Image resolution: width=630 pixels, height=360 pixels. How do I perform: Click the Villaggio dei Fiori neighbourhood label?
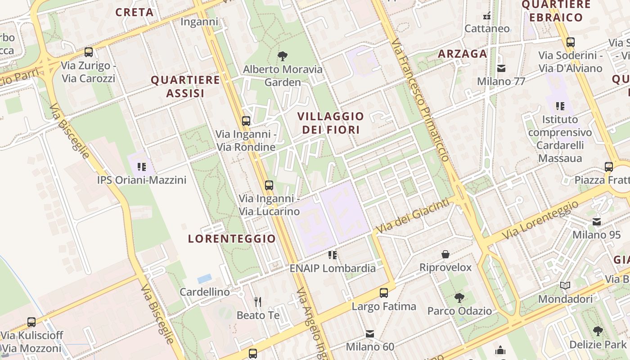click(331, 123)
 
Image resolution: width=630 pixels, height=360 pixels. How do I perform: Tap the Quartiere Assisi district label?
click(185, 86)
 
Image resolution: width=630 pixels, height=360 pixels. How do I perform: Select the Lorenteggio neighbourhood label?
click(232, 238)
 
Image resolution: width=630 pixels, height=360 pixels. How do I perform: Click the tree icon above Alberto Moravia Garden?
click(283, 56)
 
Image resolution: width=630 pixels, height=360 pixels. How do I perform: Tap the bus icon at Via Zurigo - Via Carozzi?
click(89, 52)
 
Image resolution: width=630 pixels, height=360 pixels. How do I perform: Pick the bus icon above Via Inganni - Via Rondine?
click(246, 121)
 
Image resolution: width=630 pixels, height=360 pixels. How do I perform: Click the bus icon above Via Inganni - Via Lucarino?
click(269, 185)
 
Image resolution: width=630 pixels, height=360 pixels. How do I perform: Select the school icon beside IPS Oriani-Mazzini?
click(142, 167)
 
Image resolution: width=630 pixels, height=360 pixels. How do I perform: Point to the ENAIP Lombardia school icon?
click(333, 255)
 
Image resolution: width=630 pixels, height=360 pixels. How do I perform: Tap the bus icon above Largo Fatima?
click(384, 293)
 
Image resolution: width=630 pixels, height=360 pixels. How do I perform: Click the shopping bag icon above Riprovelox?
click(445, 254)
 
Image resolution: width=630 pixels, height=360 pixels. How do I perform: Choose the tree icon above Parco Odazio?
click(459, 297)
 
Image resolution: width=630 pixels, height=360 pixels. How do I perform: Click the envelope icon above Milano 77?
click(501, 68)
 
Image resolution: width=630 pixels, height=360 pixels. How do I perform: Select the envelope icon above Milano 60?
click(370, 334)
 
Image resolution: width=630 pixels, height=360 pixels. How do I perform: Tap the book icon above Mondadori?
click(565, 286)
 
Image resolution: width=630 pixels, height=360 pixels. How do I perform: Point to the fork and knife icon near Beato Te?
click(258, 301)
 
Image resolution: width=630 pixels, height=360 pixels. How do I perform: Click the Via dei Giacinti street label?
click(413, 216)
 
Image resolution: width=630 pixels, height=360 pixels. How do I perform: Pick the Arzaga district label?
click(463, 54)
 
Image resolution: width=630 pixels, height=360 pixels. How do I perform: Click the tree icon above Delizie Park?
click(598, 332)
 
